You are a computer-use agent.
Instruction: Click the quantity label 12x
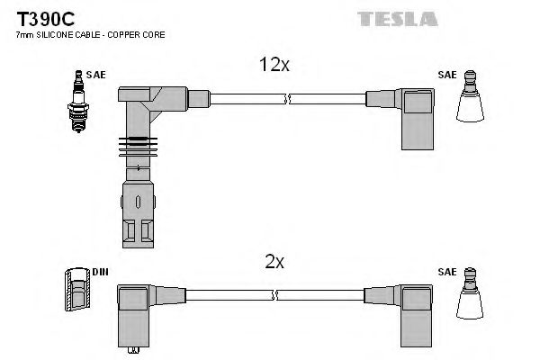(x=274, y=65)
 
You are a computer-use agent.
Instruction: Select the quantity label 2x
(x=274, y=262)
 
